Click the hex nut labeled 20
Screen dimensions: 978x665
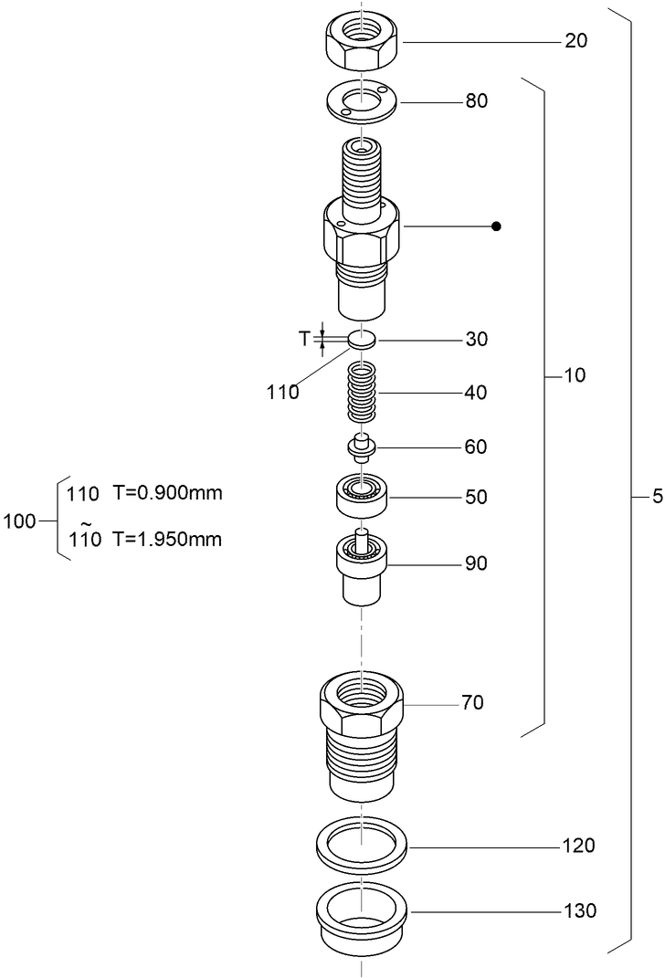pos(363,41)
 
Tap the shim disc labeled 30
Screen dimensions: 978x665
pos(363,340)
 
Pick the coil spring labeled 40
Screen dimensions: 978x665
pos(363,393)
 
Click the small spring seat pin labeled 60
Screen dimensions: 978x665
pos(363,447)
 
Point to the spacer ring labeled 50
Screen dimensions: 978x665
pos(363,498)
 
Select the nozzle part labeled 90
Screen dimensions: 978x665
pos(363,566)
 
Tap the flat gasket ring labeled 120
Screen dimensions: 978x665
pos(363,847)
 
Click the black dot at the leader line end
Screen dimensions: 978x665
pos(496,226)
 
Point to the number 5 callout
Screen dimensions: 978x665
pos(657,498)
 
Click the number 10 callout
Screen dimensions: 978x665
pos(575,375)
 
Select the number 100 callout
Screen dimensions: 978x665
pos(19,521)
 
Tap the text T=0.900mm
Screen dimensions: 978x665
pos(167,493)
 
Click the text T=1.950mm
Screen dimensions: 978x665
pos(167,538)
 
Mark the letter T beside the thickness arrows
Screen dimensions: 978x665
pos(304,339)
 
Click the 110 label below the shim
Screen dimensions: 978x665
pos(283,393)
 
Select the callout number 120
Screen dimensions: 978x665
pos(579,847)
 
